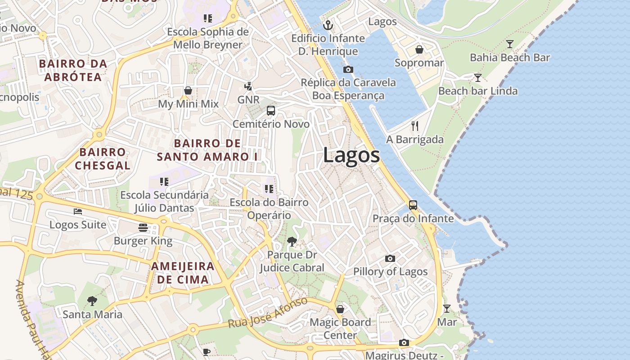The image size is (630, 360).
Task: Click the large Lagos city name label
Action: (351, 156)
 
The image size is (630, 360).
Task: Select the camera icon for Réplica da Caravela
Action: (348, 69)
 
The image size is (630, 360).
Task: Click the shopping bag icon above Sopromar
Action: (419, 49)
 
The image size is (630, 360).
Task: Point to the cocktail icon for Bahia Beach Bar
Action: (509, 44)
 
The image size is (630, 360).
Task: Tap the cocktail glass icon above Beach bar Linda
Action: (477, 78)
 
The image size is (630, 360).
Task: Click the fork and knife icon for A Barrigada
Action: (415, 126)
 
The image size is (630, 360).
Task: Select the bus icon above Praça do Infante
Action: (413, 205)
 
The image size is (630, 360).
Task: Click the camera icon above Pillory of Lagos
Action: (390, 258)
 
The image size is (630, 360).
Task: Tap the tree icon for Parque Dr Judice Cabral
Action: (292, 242)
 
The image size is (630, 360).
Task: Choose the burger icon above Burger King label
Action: (143, 228)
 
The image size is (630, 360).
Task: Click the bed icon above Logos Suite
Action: (78, 211)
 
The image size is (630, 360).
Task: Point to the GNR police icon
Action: (248, 86)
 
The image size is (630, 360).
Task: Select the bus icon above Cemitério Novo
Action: (271, 111)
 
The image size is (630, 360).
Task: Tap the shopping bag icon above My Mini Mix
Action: (188, 91)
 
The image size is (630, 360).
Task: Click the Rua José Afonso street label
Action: (268, 313)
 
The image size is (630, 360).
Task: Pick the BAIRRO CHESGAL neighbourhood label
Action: (103, 159)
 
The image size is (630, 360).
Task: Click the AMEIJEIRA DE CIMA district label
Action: (182, 273)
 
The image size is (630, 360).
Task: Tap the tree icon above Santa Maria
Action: (92, 301)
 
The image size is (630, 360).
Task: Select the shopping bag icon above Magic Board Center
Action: (340, 309)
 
